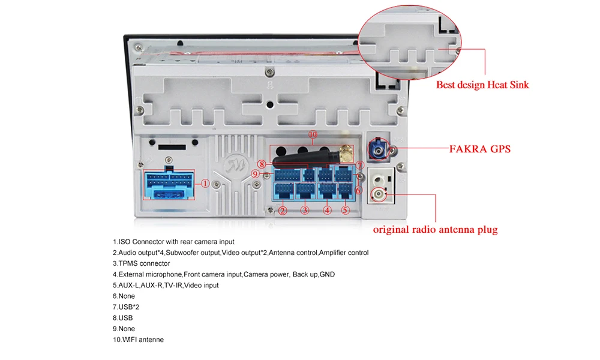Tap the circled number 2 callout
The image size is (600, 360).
point(283,210)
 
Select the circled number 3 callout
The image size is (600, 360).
point(305,210)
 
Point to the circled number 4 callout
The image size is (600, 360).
point(327,210)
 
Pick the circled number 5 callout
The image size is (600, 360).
point(346,210)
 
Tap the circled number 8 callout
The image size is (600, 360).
point(261,164)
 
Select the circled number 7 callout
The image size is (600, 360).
point(359,164)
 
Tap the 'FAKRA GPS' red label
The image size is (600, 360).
point(480,148)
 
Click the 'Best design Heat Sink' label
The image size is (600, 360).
point(482,85)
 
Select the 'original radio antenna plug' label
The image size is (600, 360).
point(435,229)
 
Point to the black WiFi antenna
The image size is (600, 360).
point(300,158)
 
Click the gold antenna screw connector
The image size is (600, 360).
point(346,154)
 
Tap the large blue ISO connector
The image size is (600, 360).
point(170,184)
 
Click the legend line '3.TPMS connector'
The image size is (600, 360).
point(141,263)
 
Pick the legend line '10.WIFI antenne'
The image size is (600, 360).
point(138,340)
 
